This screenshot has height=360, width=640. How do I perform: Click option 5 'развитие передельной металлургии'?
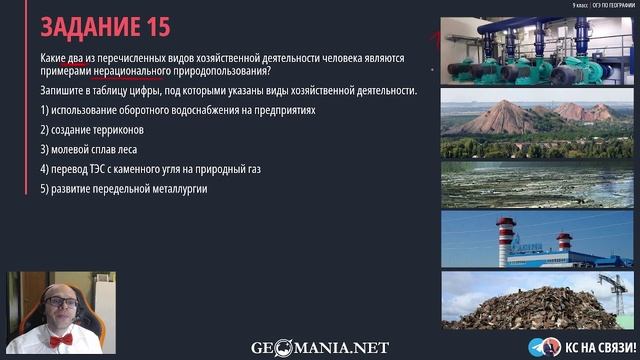click(123, 189)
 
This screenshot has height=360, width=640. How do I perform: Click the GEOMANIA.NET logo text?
click(320, 348)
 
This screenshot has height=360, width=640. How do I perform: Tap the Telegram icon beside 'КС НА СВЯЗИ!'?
click(539, 346)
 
